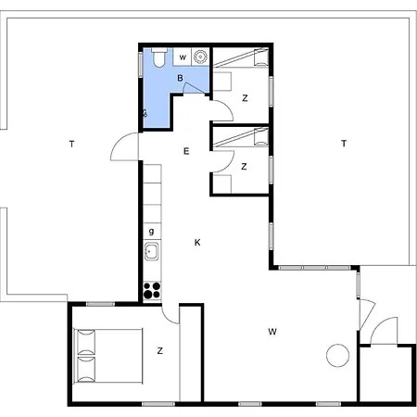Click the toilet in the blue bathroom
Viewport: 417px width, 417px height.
(159, 57)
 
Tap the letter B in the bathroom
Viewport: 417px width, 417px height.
(180, 78)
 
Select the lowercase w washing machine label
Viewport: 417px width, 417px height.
(183, 57)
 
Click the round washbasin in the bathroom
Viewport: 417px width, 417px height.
(200, 57)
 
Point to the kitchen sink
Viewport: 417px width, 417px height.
(152, 251)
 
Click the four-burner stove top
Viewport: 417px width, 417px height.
(152, 291)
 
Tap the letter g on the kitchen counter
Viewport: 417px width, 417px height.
(151, 232)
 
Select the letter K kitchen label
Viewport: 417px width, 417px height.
(197, 243)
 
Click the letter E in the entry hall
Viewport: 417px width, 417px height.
(186, 151)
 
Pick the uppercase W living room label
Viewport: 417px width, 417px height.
(272, 332)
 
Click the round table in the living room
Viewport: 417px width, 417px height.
(337, 355)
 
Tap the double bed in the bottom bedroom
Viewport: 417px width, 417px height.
(108, 356)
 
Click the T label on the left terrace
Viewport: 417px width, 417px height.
(72, 144)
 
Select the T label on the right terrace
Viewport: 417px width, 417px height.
(344, 144)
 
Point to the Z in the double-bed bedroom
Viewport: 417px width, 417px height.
(159, 351)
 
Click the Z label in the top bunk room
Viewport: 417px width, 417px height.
(245, 98)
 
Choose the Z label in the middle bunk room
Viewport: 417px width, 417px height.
(244, 167)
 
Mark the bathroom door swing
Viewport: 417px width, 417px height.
(195, 87)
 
